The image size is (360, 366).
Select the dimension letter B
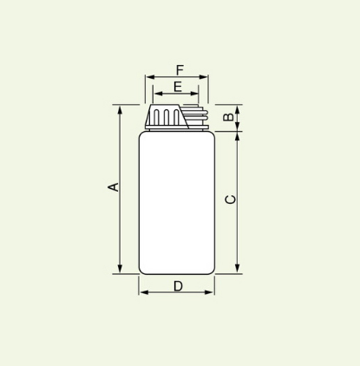(x=229, y=116)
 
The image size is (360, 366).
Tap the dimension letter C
(x=231, y=199)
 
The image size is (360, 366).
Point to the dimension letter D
(x=178, y=286)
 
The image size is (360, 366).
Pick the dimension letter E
(x=178, y=87)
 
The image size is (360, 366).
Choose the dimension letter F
(x=180, y=70)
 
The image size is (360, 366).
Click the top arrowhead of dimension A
(x=121, y=110)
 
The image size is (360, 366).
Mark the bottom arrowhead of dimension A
(x=121, y=269)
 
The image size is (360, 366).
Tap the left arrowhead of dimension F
(x=151, y=77)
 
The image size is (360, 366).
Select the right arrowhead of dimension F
(x=203, y=77)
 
